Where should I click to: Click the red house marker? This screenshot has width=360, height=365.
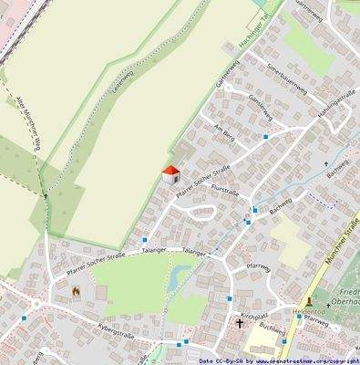coord(170,174)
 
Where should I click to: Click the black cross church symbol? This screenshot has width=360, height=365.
coord(241,323)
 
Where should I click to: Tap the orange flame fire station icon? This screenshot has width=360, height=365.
coord(77,291)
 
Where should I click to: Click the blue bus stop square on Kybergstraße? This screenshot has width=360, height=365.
coord(185,342)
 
